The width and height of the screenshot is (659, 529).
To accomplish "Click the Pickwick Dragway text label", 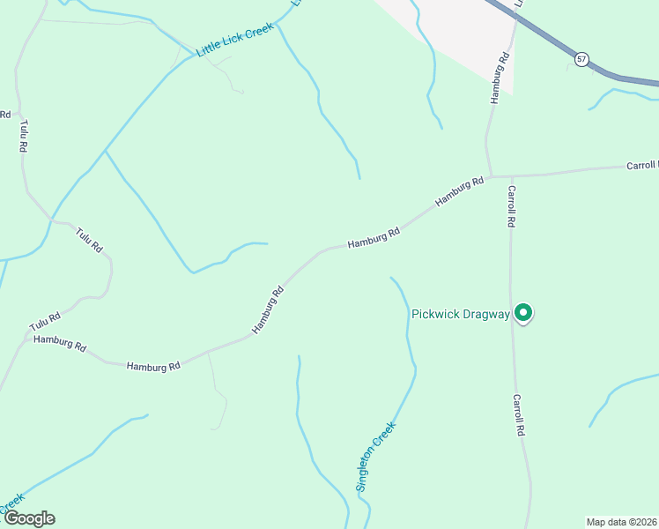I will pos(460,314).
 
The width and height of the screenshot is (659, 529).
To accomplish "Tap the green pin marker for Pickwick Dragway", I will pos(523,313).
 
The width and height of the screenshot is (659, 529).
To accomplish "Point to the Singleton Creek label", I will pos(376,457).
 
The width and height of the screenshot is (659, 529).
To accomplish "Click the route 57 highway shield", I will pos(581,59).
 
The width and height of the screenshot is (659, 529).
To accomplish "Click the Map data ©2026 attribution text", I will pos(622,522).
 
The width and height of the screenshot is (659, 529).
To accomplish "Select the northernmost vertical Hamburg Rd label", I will pos(500,79).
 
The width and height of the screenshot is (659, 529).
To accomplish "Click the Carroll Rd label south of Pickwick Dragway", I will pos(520,414).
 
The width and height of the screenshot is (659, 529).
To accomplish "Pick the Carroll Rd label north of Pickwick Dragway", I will pos(510,206).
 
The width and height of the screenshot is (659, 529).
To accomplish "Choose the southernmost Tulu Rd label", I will pos(44,317).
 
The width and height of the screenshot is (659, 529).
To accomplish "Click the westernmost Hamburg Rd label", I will pos(60,343).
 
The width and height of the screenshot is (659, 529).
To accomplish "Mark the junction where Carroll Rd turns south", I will pos(508,175).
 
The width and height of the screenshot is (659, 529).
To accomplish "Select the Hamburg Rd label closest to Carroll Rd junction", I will pos(460,193).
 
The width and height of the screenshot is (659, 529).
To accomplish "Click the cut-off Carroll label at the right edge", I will pos(642,165).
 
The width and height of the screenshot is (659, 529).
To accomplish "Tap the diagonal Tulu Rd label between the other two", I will pos(89,240).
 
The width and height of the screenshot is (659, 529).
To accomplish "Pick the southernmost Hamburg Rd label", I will pos(153,365).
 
